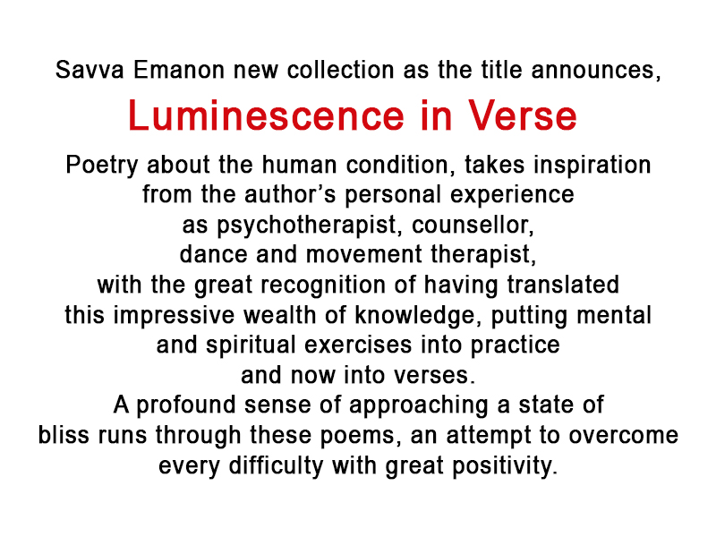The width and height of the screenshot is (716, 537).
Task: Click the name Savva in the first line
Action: coord(89,71)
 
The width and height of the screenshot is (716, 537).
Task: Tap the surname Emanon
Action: coord(179,71)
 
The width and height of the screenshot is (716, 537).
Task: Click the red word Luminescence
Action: coord(266,115)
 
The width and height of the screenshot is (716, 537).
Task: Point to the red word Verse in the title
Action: coord(523,115)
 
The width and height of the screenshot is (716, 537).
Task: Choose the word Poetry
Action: coord(102,166)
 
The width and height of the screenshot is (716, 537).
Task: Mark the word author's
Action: coord(290,195)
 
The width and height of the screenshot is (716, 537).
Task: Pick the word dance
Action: coord(213,255)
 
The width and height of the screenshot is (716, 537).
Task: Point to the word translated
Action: coord(563,285)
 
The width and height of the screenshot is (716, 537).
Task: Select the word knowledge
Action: coord(414,316)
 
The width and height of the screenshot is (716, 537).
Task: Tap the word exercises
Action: coord(358,345)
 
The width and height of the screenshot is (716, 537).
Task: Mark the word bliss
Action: coord(64,435)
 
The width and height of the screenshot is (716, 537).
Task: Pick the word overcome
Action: coord(623,435)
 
